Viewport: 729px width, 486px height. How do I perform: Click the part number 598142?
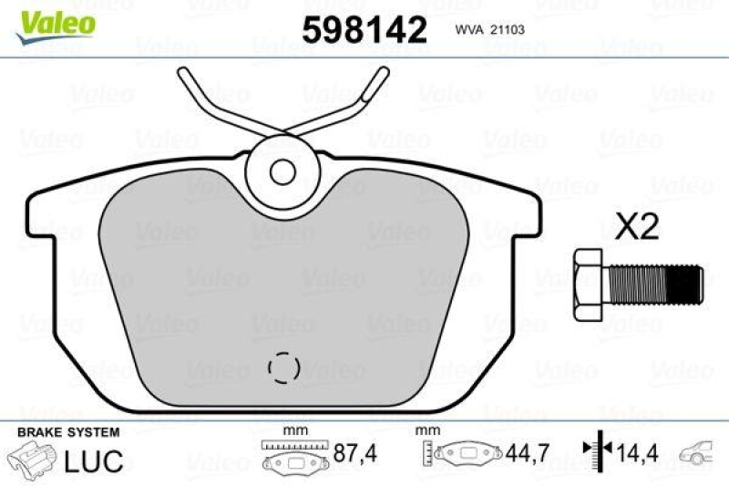click(364, 31)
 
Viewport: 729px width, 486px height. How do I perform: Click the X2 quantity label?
click(637, 227)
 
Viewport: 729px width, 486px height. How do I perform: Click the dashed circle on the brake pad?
click(284, 367)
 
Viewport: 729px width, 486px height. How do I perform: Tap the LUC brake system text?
click(93, 460)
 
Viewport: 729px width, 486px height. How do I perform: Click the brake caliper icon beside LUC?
click(31, 459)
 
